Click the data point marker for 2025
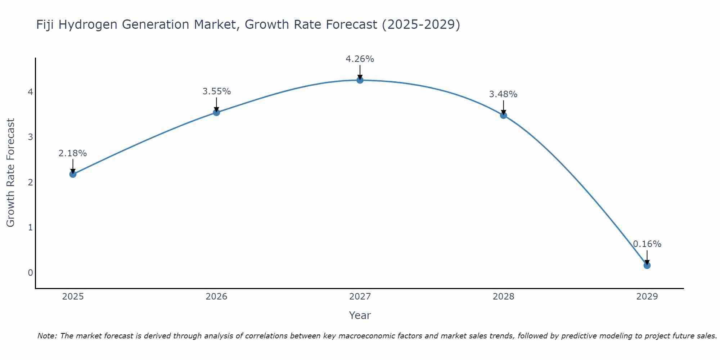[73, 174]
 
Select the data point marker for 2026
[216, 112]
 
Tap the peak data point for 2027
[360, 80]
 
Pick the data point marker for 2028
[504, 115]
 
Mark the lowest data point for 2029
[647, 265]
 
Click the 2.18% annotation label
[73, 153]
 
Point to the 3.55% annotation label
[216, 91]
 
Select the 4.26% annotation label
[360, 59]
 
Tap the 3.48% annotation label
[503, 94]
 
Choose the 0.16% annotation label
[647, 244]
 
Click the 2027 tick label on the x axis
[360, 297]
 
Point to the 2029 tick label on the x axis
[647, 297]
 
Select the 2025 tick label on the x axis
[73, 297]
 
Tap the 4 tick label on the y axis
[31, 92]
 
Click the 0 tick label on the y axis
[31, 273]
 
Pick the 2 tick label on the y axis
[31, 182]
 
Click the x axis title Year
[360, 315]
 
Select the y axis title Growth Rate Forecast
[11, 173]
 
